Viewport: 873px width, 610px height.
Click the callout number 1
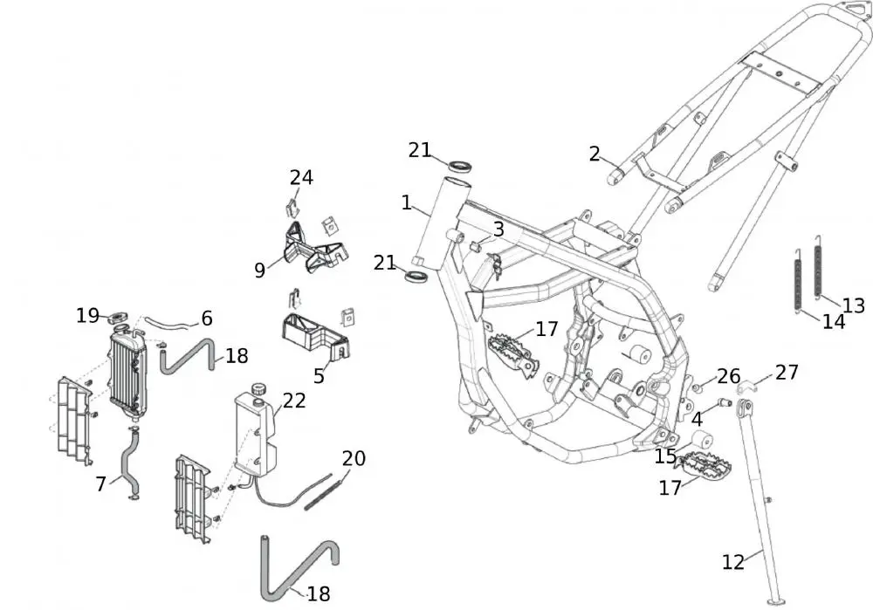[x=407, y=202]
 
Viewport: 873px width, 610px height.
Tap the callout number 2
[x=595, y=154]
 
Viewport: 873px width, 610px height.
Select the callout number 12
[x=733, y=561]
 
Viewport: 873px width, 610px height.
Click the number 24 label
[x=301, y=177]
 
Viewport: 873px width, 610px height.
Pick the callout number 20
[x=354, y=458]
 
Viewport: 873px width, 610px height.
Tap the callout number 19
[x=87, y=315]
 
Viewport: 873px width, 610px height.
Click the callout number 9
[x=260, y=271]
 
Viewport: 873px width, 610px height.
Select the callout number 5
[x=320, y=377]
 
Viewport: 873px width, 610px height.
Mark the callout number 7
[x=102, y=483]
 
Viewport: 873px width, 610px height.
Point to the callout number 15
[x=665, y=456]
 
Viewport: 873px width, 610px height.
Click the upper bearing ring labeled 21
[x=460, y=165]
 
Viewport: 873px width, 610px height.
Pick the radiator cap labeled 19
[x=120, y=315]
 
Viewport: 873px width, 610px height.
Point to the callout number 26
[x=728, y=377]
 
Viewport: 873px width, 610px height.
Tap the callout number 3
[x=498, y=230]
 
